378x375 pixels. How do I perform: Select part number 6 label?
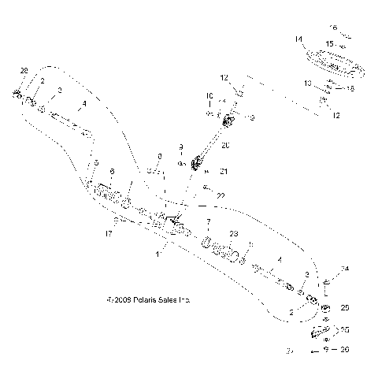[111, 171]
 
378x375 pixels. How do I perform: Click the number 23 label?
[233, 234]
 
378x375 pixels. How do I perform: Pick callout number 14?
[298, 38]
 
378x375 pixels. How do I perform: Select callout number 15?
[332, 43]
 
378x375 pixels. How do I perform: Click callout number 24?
[344, 269]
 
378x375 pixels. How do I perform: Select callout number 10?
[209, 97]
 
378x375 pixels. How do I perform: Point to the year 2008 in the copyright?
[127, 300]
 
